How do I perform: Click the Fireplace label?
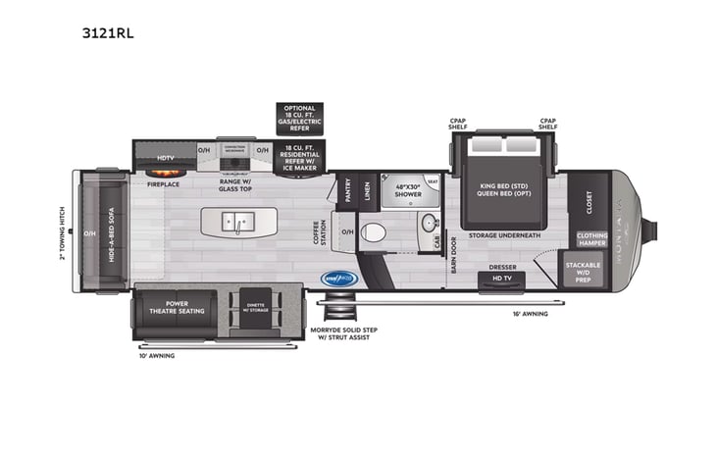(163, 182)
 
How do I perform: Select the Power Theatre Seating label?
(177, 307)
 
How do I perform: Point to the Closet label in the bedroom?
(589, 203)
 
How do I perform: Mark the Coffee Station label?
(318, 232)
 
